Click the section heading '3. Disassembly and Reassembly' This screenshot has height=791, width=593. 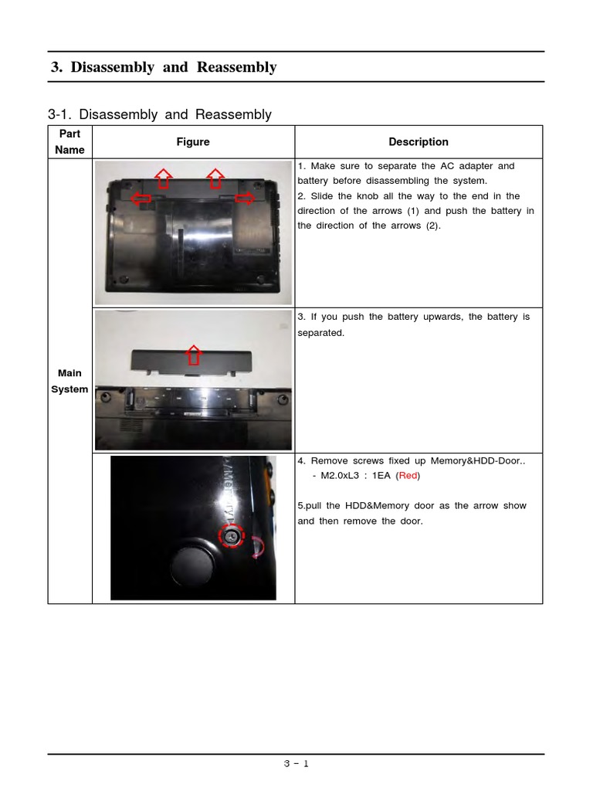pos(163,67)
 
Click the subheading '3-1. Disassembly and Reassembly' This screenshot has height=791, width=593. pos(160,114)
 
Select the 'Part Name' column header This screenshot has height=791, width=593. pos(69,142)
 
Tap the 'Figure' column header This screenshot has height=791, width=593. pos(192,142)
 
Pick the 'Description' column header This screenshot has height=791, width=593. pos(418,142)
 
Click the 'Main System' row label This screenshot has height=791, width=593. pos(69,382)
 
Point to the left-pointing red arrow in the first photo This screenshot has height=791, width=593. pos(141,199)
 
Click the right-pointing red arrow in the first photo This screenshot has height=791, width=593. pos(244,199)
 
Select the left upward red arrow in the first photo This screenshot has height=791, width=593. pos(164,177)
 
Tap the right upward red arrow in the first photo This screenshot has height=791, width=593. pos(216,177)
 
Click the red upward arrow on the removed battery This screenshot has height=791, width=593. pos(194,355)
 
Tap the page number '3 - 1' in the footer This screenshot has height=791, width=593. pos(296,764)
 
